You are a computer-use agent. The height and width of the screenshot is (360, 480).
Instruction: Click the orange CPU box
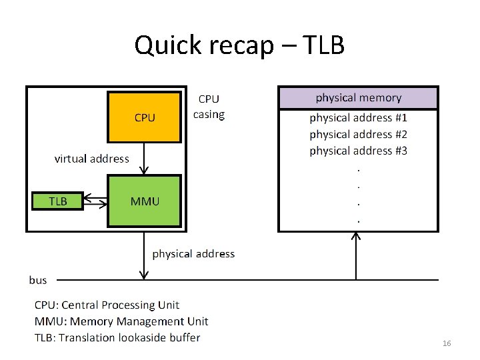tap(145, 117)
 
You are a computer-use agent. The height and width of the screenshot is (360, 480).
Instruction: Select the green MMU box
tap(145, 201)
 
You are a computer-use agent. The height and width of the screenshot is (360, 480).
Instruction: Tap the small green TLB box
tap(58, 201)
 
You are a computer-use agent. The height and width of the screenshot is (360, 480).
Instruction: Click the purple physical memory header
tap(358, 98)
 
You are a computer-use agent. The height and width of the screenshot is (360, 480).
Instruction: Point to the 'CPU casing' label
tap(209, 107)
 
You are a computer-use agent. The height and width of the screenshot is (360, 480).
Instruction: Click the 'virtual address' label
tap(91, 159)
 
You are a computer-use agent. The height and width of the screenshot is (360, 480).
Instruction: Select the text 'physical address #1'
tap(358, 118)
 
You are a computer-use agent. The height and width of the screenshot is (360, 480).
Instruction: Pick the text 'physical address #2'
tap(358, 135)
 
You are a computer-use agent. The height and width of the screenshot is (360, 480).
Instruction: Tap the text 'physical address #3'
tap(358, 151)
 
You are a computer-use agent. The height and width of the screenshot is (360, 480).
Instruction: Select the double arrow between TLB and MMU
tap(95, 201)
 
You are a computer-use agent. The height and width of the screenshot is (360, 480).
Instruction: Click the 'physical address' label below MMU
tap(193, 254)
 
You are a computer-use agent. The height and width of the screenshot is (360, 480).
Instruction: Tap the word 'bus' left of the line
tap(38, 280)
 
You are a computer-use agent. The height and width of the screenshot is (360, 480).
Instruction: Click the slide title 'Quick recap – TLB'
tap(239, 45)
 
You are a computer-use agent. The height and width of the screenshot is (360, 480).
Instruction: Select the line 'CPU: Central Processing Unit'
tap(107, 305)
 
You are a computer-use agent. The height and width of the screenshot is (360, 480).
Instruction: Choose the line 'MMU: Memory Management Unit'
tap(121, 321)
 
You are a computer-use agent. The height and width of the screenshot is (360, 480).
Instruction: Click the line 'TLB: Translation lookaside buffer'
tap(117, 337)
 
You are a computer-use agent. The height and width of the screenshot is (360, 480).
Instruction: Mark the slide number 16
tap(447, 343)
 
